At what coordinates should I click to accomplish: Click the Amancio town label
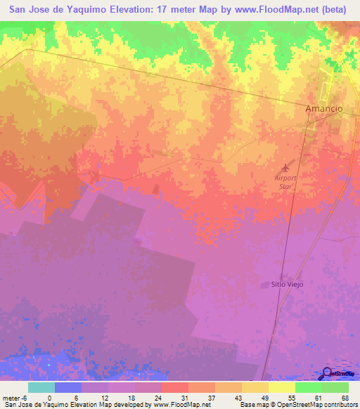pos(323,109)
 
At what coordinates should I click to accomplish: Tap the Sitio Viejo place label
pos(285,285)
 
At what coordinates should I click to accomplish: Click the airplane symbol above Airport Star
pos(285,167)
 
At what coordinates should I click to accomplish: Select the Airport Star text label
pos(285,182)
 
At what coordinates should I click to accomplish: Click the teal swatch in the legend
pos(41,387)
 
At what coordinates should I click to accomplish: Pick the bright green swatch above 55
pos(308,387)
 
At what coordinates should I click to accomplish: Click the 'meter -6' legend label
pos(15,397)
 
